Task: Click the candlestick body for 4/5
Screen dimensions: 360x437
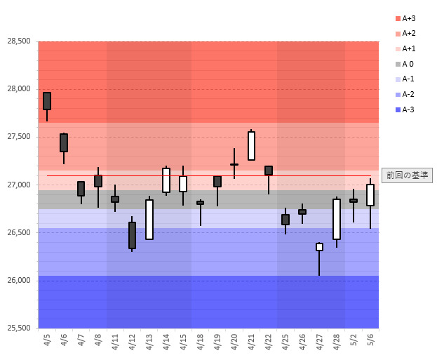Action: pyautogui.click(x=47, y=101)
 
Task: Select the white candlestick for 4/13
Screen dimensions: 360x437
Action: pyautogui.click(x=149, y=220)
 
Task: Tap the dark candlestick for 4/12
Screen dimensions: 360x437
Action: pyautogui.click(x=132, y=235)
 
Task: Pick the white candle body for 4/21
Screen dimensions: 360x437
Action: pyautogui.click(x=251, y=146)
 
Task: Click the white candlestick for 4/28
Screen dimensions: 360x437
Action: pyautogui.click(x=337, y=219)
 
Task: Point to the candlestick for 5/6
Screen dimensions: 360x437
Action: pyautogui.click(x=370, y=195)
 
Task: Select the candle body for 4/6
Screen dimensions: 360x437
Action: pyautogui.click(x=64, y=142)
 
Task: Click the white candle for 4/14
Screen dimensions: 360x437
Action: pyautogui.click(x=166, y=180)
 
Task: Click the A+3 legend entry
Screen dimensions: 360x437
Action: pyautogui.click(x=406, y=18)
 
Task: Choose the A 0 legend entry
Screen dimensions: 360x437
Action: pyautogui.click(x=406, y=64)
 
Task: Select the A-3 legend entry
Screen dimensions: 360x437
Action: pyautogui.click(x=406, y=109)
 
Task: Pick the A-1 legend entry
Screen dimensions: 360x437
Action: pyautogui.click(x=406, y=79)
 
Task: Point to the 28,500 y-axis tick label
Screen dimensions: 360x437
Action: pyautogui.click(x=19, y=41)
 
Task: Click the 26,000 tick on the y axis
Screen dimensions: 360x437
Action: pyautogui.click(x=19, y=281)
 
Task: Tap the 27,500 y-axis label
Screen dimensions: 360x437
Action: pyautogui.click(x=19, y=137)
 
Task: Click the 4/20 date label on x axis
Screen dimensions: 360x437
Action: pyautogui.click(x=234, y=342)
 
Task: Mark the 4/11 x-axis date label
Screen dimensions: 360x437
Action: pyautogui.click(x=115, y=342)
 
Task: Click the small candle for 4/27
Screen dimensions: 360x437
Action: pyautogui.click(x=319, y=247)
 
